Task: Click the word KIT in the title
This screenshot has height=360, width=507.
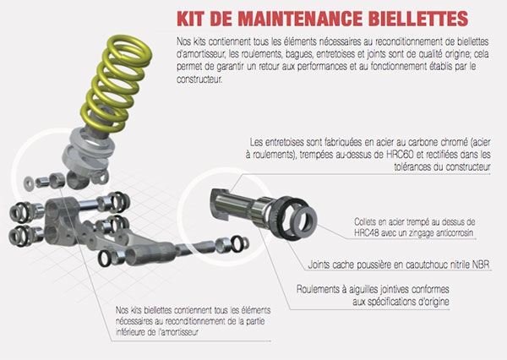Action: [191, 19]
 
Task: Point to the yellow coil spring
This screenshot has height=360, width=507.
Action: [116, 83]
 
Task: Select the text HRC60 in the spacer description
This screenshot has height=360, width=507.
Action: [400, 155]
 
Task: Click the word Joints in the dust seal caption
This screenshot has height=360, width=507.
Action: [319, 265]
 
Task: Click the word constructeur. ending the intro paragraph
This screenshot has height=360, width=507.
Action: [199, 79]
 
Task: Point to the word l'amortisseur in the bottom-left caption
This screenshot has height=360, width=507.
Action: [178, 332]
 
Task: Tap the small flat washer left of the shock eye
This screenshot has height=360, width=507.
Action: [29, 183]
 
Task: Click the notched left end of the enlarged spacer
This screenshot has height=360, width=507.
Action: [221, 204]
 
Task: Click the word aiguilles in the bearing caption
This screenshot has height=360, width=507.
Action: [363, 290]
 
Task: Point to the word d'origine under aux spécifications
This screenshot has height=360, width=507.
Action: [433, 302]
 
